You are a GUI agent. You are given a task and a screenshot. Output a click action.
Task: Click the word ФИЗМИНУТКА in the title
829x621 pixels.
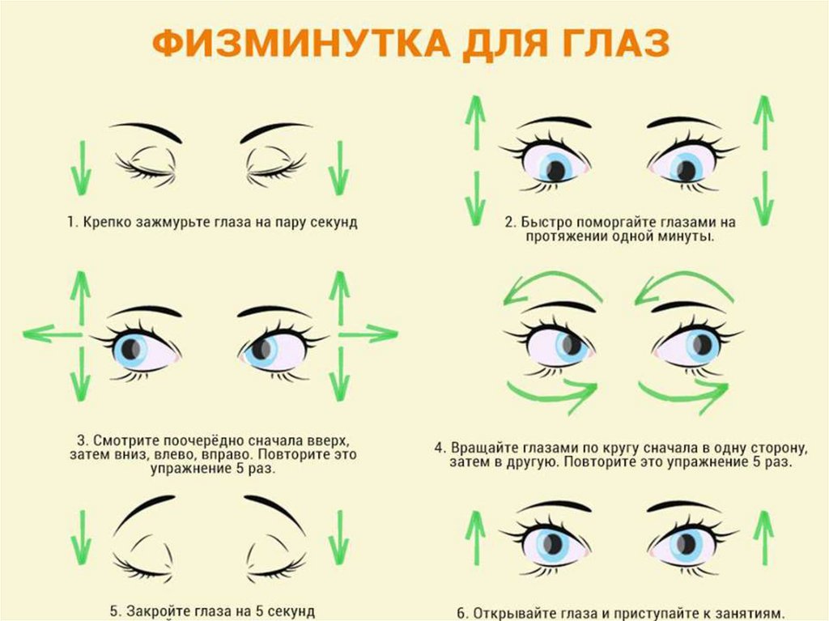[x=301, y=44]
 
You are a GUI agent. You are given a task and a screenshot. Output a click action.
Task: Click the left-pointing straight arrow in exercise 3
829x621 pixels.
[x=52, y=334]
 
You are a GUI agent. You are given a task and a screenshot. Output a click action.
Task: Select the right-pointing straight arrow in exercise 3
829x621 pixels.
[x=368, y=334]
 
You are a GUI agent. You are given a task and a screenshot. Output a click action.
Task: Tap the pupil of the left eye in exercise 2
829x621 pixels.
[x=555, y=170]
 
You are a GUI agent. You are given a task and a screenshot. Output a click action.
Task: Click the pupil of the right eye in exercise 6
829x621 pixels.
[x=687, y=543]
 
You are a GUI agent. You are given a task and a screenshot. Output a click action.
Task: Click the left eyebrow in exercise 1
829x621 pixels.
[x=146, y=131]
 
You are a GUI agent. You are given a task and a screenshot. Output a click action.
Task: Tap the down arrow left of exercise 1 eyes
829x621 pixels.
[x=82, y=168]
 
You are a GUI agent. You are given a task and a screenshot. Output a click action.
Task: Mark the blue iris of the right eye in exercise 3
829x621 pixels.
[x=262, y=349]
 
